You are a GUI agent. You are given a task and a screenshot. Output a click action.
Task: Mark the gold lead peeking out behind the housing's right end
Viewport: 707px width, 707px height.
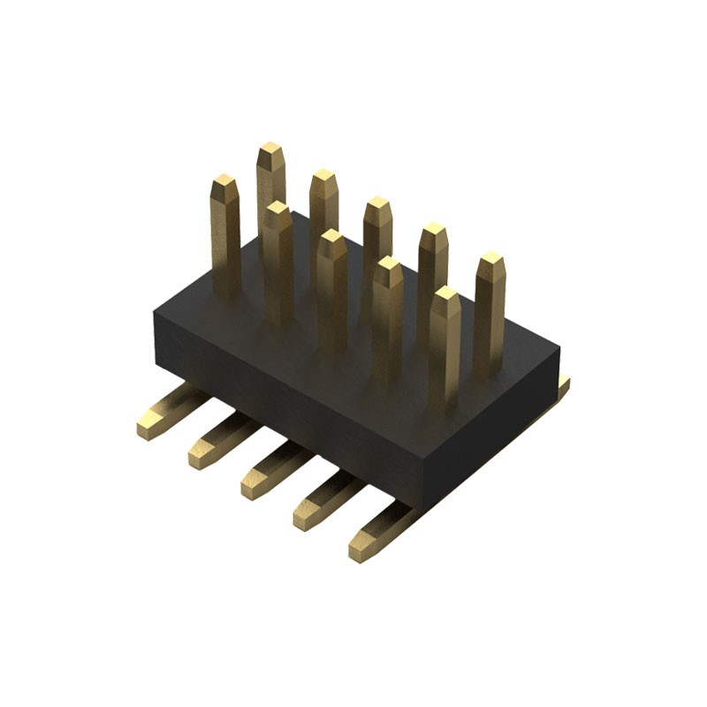pyautogui.click(x=563, y=385)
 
